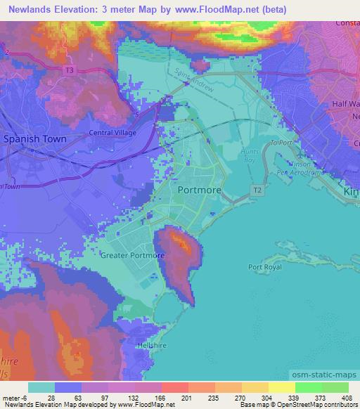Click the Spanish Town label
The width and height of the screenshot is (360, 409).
pos(35,139)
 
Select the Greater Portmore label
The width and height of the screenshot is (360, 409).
pos(132,255)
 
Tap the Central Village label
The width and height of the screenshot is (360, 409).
pos(112,132)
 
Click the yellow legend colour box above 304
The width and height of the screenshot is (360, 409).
pos(255,387)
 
